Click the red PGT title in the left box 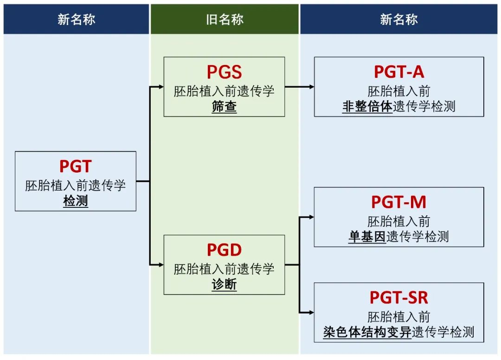click(x=76, y=166)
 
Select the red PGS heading click(x=224, y=72)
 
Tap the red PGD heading click(x=224, y=250)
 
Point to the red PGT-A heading click(x=399, y=72)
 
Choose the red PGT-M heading click(x=399, y=202)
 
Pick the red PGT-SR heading click(x=399, y=297)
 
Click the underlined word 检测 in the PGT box click(x=76, y=201)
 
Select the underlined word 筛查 click(x=224, y=107)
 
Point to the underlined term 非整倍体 click(x=367, y=107)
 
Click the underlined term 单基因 click(x=367, y=237)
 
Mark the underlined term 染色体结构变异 click(x=367, y=333)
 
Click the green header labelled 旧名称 click(x=225, y=19)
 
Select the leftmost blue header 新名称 click(x=76, y=19)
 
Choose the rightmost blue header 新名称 click(x=399, y=19)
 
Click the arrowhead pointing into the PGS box click(x=161, y=87)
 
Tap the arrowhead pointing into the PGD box click(x=161, y=265)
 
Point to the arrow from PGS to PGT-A click(x=299, y=87)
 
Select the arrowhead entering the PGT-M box click(x=311, y=217)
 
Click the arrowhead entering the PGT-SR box click(x=311, y=312)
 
